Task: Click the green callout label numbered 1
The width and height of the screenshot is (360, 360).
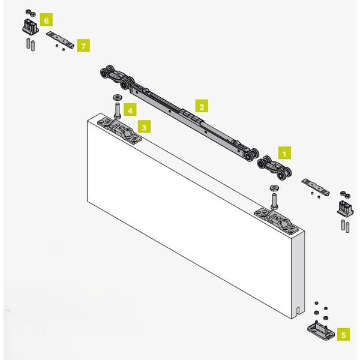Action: (284, 153)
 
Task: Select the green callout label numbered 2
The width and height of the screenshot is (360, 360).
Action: (202, 106)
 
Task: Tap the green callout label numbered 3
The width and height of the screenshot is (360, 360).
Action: (144, 127)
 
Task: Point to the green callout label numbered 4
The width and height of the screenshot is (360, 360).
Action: (130, 110)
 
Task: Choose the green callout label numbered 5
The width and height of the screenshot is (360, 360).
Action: (343, 334)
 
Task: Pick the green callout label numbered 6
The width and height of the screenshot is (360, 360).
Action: (46, 20)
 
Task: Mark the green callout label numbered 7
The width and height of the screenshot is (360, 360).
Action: (83, 45)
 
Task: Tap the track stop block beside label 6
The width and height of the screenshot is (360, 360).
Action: (31, 25)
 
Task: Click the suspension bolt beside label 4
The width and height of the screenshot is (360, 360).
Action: (117, 110)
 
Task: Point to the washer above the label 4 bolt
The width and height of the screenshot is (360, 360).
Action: (118, 97)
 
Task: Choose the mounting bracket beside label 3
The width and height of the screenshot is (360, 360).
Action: (119, 131)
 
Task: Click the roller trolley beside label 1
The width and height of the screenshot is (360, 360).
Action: (274, 167)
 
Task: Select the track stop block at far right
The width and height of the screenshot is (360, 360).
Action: (345, 208)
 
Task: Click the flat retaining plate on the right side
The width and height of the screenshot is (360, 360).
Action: (316, 187)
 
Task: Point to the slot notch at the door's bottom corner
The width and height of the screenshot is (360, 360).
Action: (298, 311)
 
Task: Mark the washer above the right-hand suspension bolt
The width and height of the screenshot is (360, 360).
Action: (274, 188)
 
